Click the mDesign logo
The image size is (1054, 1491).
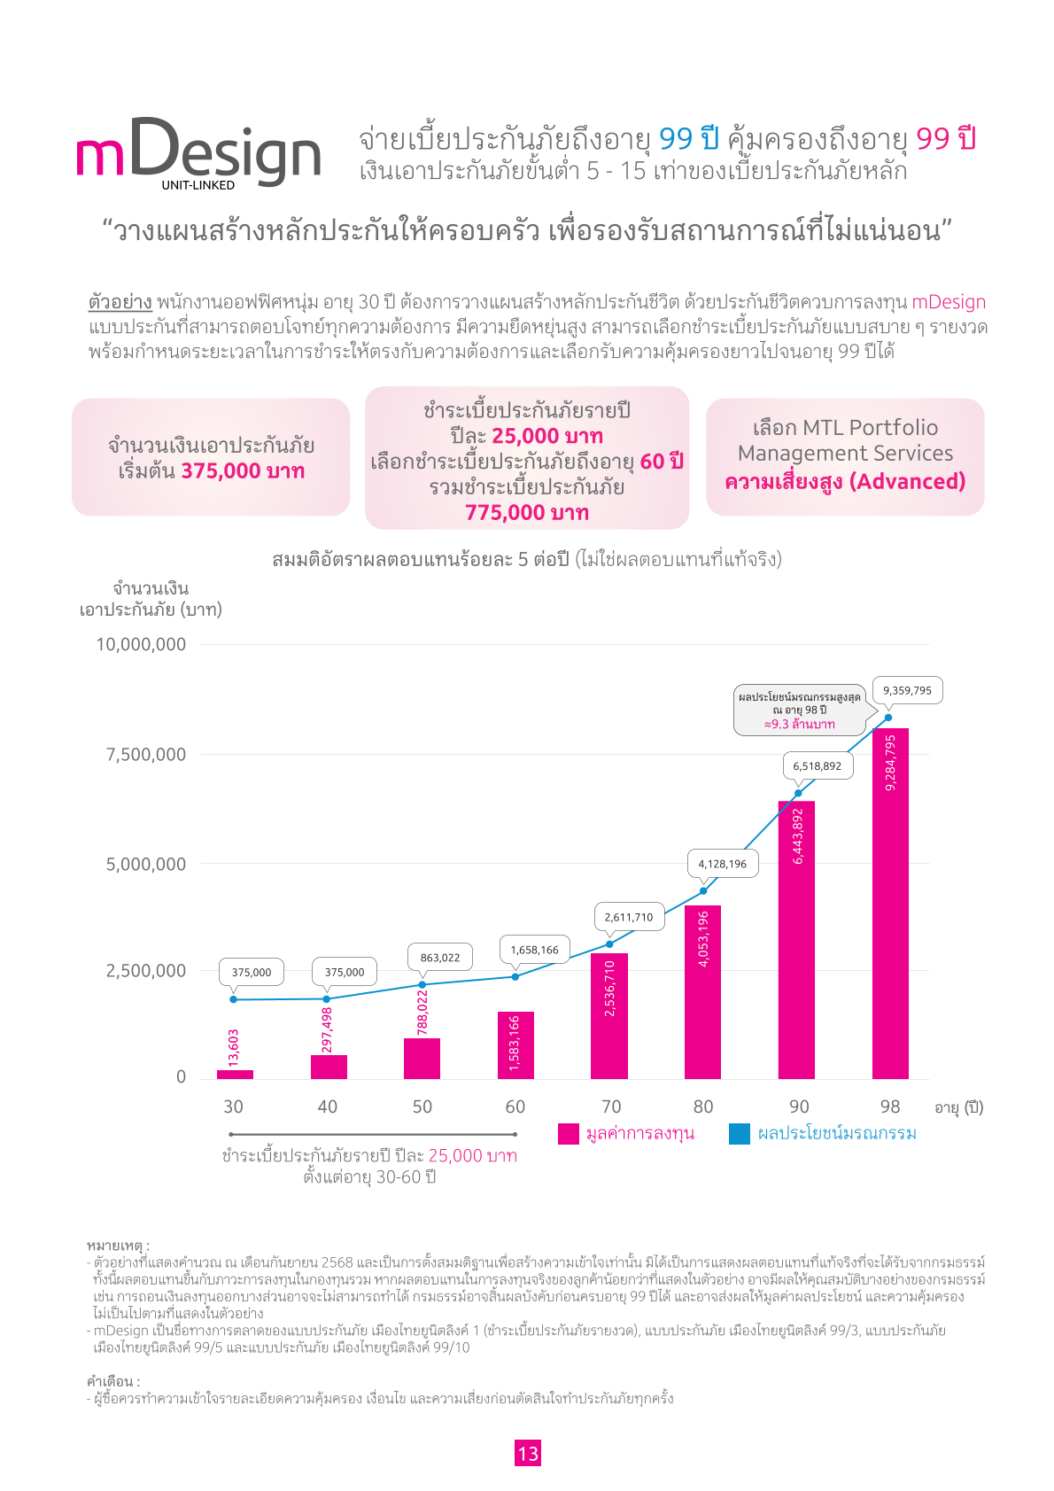198,153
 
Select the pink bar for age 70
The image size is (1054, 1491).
608,1016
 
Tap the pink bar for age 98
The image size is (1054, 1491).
890,904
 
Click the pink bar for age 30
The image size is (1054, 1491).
235,1075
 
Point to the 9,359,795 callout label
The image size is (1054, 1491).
907,691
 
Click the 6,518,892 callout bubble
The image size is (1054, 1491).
818,766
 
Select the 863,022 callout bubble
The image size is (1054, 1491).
440,958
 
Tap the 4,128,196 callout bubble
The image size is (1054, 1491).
722,864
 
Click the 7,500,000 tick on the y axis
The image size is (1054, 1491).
146,754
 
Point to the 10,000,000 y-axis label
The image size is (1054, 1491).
141,644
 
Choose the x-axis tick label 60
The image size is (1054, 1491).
515,1107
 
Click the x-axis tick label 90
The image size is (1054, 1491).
799,1107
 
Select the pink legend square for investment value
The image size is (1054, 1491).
569,1134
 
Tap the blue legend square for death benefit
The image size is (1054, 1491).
740,1134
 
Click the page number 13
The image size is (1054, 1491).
528,1454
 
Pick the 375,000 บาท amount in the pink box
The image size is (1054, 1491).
243,471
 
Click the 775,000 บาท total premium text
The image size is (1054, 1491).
527,513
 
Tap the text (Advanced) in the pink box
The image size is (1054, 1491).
907,481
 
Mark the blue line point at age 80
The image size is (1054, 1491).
703,890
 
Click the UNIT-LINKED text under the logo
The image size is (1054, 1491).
198,186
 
